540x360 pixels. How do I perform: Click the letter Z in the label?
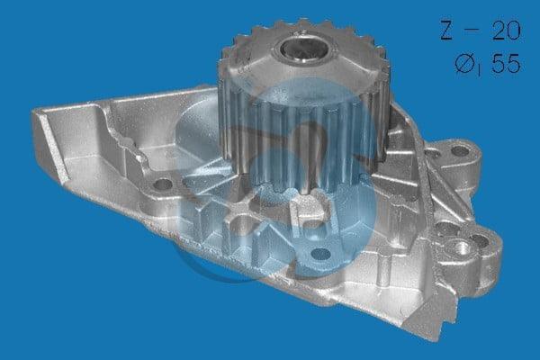point(446,30)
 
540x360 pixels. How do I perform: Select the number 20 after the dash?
point(506,30)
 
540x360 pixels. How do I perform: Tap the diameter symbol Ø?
point(463,64)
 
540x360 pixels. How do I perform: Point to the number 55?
point(506,63)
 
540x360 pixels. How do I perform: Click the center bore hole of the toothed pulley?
point(304,49)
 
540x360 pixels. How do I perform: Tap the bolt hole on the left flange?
point(162,184)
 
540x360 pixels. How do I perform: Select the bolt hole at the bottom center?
point(320,254)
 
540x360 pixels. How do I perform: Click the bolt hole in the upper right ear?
point(460,151)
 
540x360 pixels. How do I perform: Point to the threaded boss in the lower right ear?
point(462,247)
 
